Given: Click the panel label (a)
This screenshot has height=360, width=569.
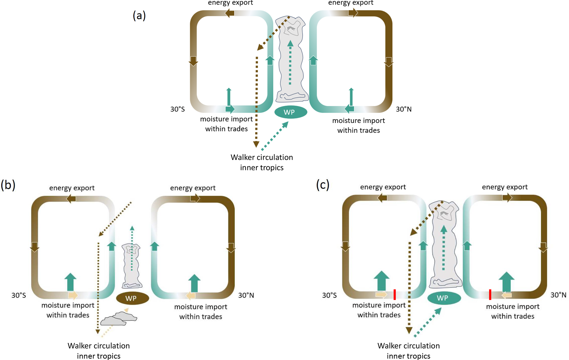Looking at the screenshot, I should (x=139, y=15).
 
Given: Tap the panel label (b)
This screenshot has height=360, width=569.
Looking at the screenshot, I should (x=8, y=185).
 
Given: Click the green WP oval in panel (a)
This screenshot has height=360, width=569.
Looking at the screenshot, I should (x=290, y=112).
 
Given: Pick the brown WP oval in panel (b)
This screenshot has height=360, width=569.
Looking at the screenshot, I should (x=132, y=298).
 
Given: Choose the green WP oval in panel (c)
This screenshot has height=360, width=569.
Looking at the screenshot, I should (x=444, y=298).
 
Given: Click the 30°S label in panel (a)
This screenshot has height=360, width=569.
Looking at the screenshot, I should (x=178, y=109).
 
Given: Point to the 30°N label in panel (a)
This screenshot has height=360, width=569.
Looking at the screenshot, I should (x=404, y=109).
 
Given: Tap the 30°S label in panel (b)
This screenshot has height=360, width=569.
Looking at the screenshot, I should (x=19, y=295).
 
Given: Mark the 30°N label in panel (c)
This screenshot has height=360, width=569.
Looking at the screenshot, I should (x=558, y=295).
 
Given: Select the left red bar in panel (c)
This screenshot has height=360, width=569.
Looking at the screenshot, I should (x=395, y=294).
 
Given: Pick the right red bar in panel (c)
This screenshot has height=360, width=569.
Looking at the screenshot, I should (x=490, y=294).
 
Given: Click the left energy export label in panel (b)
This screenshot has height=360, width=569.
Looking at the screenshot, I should (x=72, y=188).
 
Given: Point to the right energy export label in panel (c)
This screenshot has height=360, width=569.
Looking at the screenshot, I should (x=505, y=187).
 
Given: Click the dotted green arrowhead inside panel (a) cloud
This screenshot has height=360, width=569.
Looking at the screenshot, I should (x=290, y=43).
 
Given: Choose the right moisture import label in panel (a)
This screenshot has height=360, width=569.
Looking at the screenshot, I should (x=358, y=126).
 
